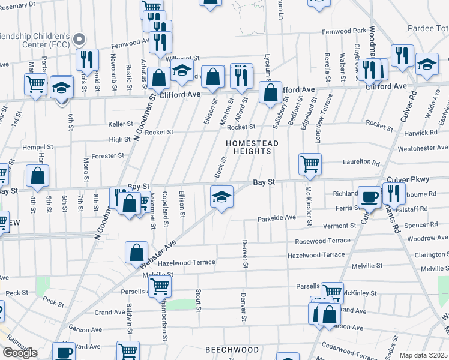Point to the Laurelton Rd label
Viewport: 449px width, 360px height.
click(361, 162)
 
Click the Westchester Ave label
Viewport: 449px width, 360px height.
click(423, 147)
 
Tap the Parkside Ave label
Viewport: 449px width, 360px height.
click(277, 218)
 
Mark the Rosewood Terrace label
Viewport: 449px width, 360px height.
click(322, 241)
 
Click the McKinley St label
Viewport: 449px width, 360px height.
click(361, 293)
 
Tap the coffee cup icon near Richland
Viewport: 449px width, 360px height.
click(370, 196)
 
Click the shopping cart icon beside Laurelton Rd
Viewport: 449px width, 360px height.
click(310, 163)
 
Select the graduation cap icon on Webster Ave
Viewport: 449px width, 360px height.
click(221, 196)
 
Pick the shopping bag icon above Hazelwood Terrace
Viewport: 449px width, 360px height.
click(137, 252)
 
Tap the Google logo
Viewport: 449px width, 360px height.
click(20, 353)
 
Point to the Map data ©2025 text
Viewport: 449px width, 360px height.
click(424, 356)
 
